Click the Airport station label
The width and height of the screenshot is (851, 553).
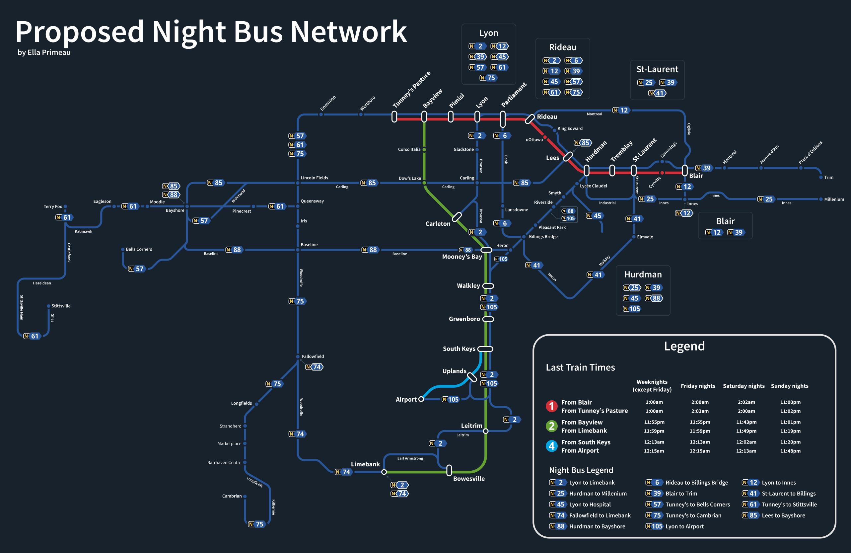point(406,399)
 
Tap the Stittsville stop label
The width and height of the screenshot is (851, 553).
point(61,306)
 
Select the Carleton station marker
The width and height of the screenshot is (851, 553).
point(457,217)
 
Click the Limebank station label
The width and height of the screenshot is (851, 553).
point(365,464)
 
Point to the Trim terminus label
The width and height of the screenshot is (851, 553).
point(828,177)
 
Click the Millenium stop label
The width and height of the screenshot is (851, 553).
point(834,199)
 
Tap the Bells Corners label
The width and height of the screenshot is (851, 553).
point(139,249)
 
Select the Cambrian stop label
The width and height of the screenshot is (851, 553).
point(232,496)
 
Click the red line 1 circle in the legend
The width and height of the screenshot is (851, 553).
point(551,406)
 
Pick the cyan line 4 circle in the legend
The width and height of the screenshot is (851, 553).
point(551,446)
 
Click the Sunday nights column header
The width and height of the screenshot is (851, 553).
point(789,386)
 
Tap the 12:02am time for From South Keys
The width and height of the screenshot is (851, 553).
point(746,442)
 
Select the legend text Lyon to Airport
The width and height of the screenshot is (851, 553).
point(684,526)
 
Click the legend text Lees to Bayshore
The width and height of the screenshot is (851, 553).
point(783,515)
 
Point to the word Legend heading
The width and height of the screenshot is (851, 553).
point(684,346)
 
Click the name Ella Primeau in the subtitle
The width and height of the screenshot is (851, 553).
point(49,52)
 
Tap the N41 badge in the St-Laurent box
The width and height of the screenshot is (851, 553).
point(657,93)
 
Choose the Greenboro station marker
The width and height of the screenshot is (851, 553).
point(488,319)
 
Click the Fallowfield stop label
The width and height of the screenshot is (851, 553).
point(313,356)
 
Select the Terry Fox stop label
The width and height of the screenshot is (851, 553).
point(52,206)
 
